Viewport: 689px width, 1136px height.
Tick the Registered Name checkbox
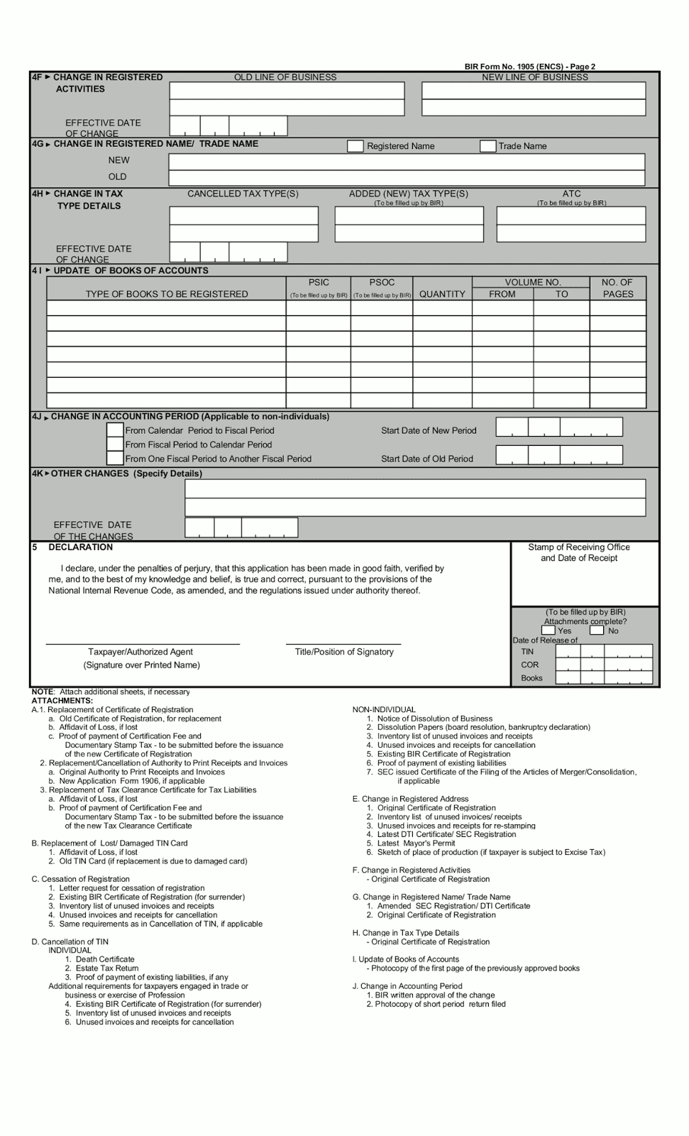coord(355,146)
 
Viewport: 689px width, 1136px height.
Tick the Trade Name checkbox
coord(487,146)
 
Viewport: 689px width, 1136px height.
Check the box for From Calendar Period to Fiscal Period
coord(115,430)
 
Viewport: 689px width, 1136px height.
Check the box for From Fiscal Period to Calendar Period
coord(115,444)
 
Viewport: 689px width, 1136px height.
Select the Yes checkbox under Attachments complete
coord(548,630)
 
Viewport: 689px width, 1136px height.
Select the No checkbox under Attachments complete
coord(597,630)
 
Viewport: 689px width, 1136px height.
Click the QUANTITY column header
coord(442,294)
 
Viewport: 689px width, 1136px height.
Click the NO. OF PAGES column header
coord(617,288)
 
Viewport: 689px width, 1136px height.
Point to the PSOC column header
coord(382,283)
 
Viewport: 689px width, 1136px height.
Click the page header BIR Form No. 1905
coord(529,67)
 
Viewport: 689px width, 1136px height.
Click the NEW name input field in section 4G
coord(406,161)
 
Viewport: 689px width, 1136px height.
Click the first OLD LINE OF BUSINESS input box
coord(287,90)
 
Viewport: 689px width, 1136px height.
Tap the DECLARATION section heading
coord(80,547)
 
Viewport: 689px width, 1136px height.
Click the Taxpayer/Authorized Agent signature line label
coord(140,652)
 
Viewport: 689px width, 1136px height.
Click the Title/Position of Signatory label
coord(344,652)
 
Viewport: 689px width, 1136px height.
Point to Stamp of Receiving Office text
coord(578,547)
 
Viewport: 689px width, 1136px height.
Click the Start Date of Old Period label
coord(426,459)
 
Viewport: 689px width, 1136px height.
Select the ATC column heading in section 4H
coord(571,194)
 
